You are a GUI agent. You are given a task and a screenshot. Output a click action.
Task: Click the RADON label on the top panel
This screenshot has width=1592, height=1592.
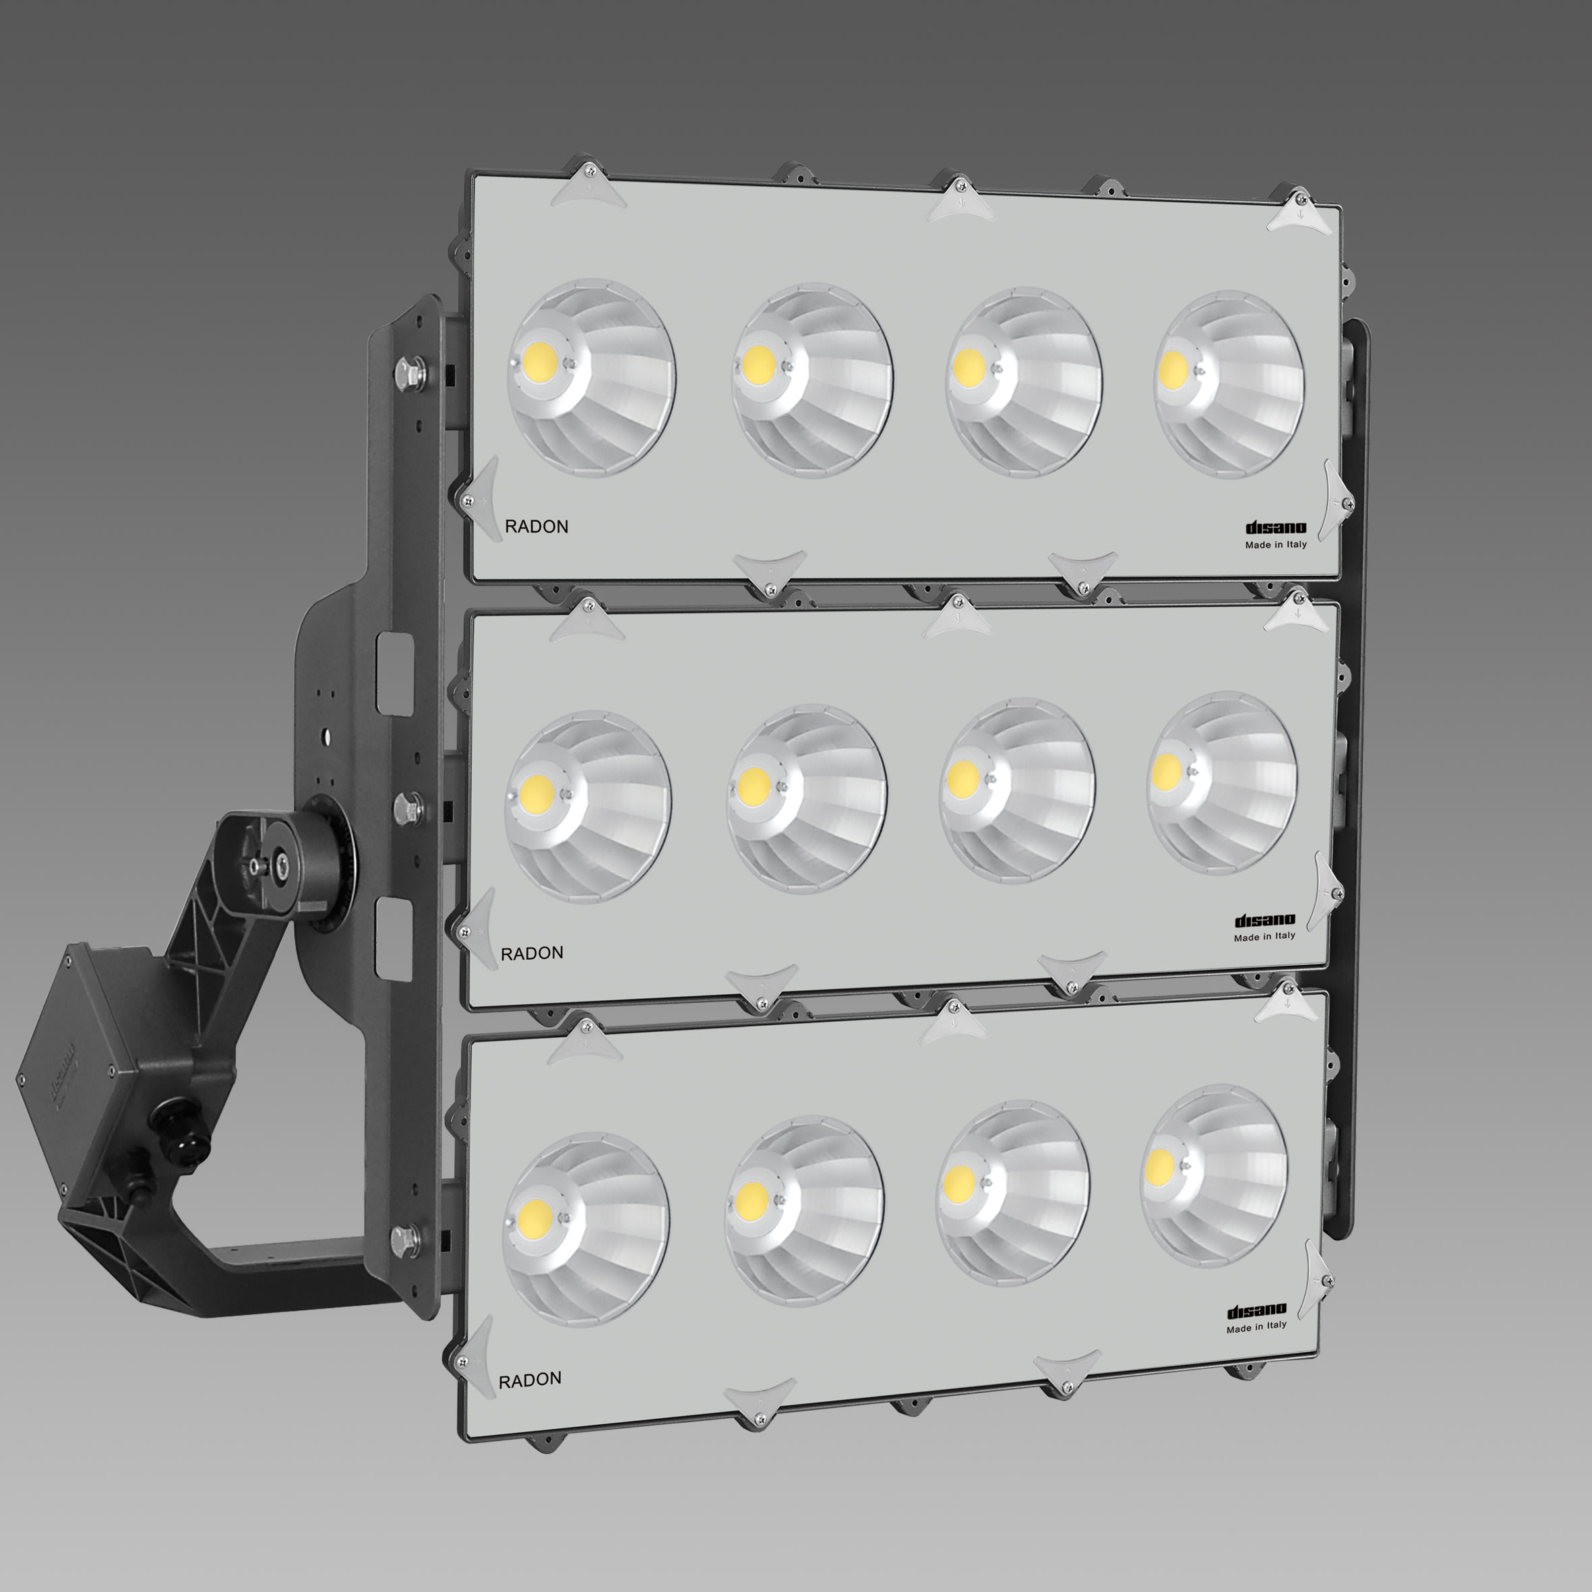click(x=537, y=526)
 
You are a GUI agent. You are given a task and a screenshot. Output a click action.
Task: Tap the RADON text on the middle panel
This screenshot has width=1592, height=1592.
click(x=532, y=954)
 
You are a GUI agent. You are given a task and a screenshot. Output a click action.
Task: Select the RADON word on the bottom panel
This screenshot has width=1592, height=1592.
click(x=530, y=1378)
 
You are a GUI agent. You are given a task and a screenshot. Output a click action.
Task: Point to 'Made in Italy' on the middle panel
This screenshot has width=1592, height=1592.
click(x=1264, y=937)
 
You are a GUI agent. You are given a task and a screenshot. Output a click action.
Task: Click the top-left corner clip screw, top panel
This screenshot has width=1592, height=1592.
click(x=589, y=171)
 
